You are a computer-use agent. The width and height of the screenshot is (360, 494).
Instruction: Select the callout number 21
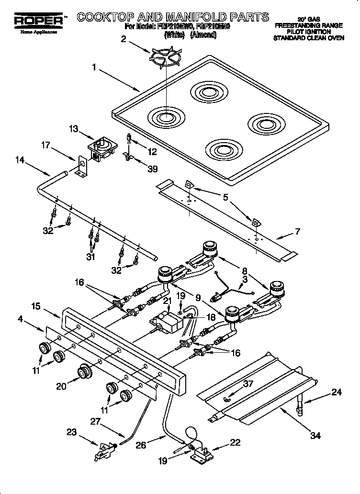click(x=167, y=300)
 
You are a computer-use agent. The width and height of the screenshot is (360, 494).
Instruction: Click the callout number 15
click(x=35, y=304)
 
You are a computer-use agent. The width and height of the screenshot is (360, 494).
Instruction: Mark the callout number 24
click(x=337, y=393)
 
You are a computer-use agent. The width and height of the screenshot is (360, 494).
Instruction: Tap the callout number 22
click(x=235, y=442)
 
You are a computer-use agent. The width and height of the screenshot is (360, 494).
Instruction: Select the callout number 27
click(x=96, y=422)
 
